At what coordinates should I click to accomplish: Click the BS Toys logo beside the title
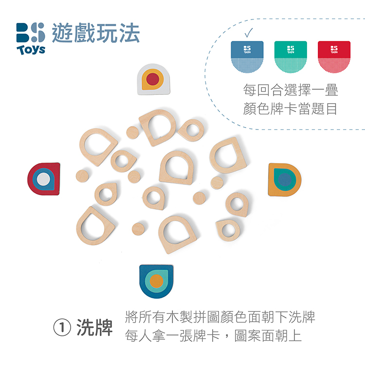tap(31, 38)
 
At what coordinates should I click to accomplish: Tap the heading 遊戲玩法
tap(96, 33)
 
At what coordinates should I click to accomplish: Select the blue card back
tap(247, 57)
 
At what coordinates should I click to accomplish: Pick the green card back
tap(291, 57)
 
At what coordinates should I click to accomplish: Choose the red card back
tap(334, 57)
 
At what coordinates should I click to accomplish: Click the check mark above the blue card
tap(248, 33)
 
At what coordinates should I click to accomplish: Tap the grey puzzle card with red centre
tap(153, 79)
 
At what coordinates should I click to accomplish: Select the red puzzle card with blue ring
tap(44, 179)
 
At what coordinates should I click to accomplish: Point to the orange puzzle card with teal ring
tap(285, 180)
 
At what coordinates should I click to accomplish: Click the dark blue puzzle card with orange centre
tap(156, 281)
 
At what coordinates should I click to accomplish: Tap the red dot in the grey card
tap(153, 79)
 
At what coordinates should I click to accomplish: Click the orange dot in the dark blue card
tap(156, 281)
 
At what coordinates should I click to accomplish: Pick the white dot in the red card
tap(43, 179)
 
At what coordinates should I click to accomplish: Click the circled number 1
tap(62, 328)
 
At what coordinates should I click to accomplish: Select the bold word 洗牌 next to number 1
tap(94, 328)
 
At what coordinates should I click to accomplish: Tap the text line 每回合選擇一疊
tap(291, 90)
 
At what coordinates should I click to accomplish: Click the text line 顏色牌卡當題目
tap(290, 109)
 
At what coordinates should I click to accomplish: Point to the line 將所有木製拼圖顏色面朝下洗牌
tap(220, 317)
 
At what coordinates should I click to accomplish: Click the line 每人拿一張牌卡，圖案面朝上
tap(213, 336)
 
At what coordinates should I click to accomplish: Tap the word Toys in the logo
tap(31, 50)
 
